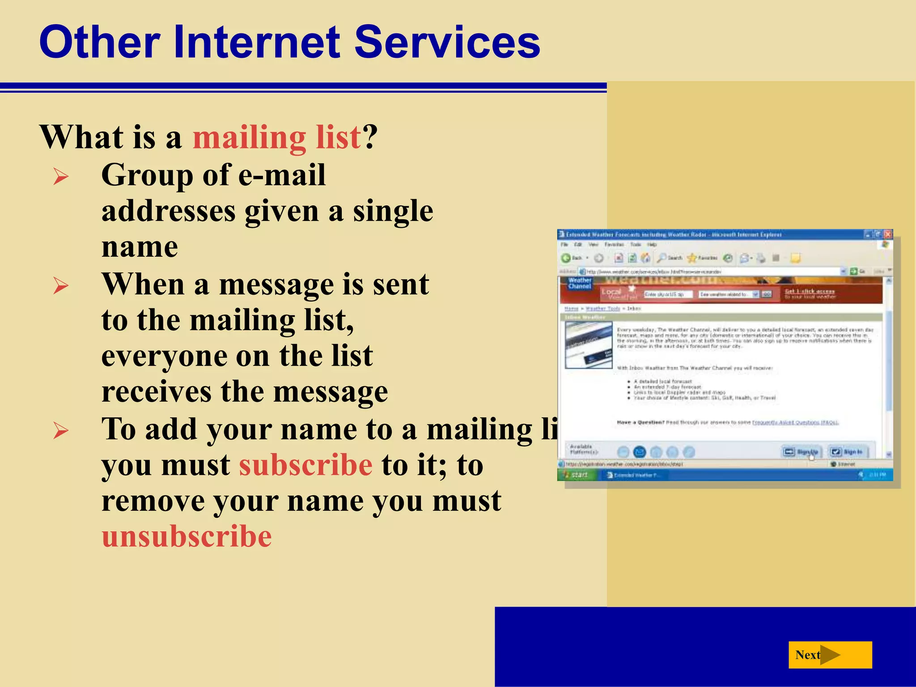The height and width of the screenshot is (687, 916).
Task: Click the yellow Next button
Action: (x=830, y=655)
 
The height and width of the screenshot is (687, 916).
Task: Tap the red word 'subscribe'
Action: (x=305, y=465)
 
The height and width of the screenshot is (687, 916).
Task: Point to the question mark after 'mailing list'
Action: (x=371, y=137)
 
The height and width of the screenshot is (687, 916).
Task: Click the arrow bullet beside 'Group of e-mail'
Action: (x=61, y=176)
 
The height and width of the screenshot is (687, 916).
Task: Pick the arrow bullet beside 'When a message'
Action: (x=61, y=285)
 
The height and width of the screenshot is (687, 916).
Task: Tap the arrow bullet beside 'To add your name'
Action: (x=61, y=430)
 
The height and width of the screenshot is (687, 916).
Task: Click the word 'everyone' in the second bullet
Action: (x=164, y=356)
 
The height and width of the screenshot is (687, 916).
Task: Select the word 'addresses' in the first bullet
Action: (x=168, y=211)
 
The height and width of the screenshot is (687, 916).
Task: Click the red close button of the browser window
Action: (x=888, y=234)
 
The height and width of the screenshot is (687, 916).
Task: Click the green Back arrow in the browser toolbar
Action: (x=566, y=258)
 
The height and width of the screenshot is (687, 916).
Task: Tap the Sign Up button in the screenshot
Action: (x=801, y=452)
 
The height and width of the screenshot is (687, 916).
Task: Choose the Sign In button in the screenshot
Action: (x=847, y=452)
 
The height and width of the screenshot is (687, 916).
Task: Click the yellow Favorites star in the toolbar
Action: (x=692, y=258)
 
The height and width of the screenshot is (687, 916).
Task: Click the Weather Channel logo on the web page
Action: (x=580, y=283)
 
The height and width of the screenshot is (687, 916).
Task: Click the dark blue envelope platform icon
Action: (x=640, y=452)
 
